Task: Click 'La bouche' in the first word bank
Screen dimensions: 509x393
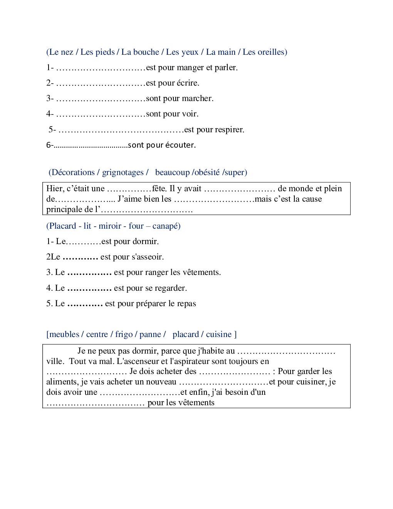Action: (x=140, y=52)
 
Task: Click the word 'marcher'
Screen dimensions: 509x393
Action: (x=197, y=98)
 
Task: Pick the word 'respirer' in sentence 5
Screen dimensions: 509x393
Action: (x=230, y=130)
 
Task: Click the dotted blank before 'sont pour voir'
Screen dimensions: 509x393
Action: (x=101, y=114)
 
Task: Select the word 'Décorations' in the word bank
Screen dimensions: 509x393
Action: (x=73, y=172)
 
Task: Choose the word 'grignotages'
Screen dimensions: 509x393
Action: (x=123, y=172)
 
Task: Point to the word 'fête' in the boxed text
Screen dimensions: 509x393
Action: (x=159, y=189)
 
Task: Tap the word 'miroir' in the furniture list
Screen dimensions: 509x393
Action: (x=110, y=226)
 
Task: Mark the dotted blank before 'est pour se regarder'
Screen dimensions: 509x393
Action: (x=89, y=288)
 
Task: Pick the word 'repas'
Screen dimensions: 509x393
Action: (x=186, y=303)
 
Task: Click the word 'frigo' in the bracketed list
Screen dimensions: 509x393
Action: (x=124, y=334)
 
